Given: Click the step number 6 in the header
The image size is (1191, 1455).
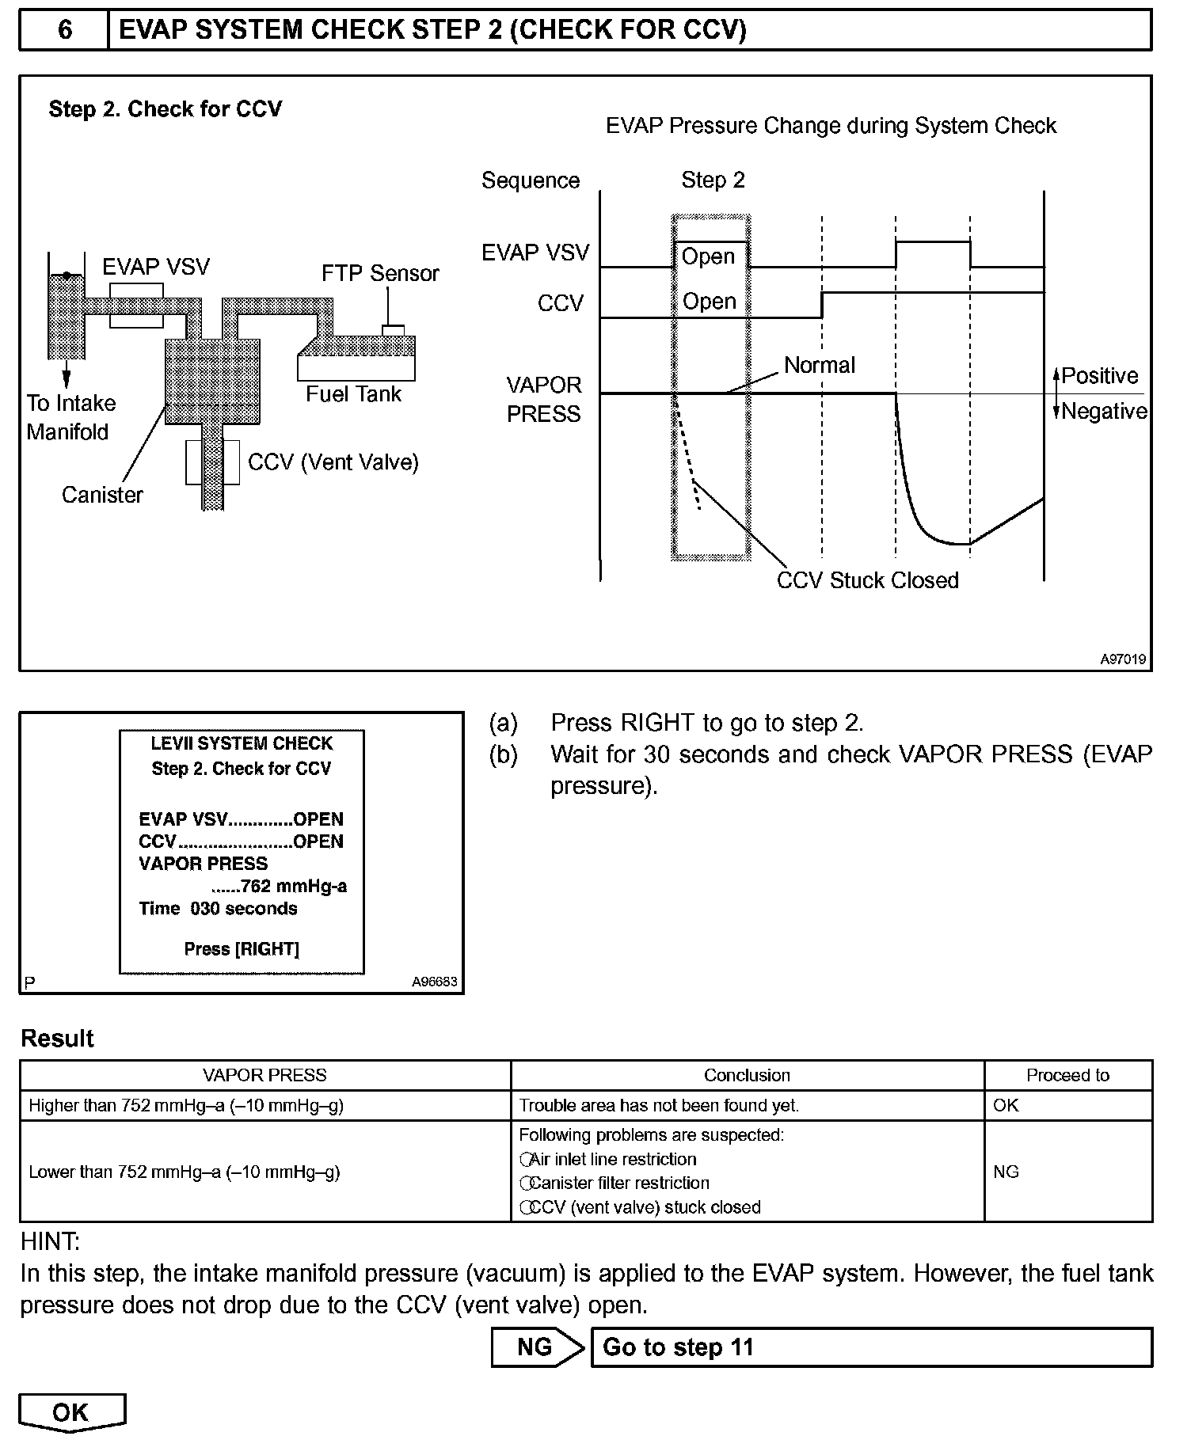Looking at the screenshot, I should [x=65, y=30].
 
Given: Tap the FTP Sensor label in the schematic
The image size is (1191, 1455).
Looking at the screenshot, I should [x=380, y=273].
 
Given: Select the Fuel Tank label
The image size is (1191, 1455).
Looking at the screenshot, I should [x=353, y=394].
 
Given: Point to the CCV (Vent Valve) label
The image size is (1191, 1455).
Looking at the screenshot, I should [x=333, y=462].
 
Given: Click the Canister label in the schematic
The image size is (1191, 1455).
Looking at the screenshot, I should [x=102, y=495].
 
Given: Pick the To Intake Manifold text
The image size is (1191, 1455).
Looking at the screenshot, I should [x=70, y=417].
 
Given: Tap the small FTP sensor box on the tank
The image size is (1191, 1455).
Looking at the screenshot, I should [x=393, y=330].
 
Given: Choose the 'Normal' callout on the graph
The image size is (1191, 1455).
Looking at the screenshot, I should [x=820, y=365].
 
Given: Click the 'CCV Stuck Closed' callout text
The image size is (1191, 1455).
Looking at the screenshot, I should [x=867, y=580].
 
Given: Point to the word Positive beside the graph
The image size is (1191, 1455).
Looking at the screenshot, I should [x=1100, y=376].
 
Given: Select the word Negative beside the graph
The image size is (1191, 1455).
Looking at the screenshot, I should [x=1104, y=412].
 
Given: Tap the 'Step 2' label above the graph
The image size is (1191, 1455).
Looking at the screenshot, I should [x=713, y=180].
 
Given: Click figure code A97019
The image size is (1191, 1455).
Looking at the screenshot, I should [x=1122, y=659].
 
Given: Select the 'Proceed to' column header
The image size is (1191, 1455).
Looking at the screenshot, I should [x=1067, y=1075].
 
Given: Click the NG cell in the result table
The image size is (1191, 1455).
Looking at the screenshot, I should [x=1006, y=1172].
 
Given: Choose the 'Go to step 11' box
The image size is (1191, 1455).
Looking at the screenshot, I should [x=871, y=1347].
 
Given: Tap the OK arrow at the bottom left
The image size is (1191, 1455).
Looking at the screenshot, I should [x=71, y=1413].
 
